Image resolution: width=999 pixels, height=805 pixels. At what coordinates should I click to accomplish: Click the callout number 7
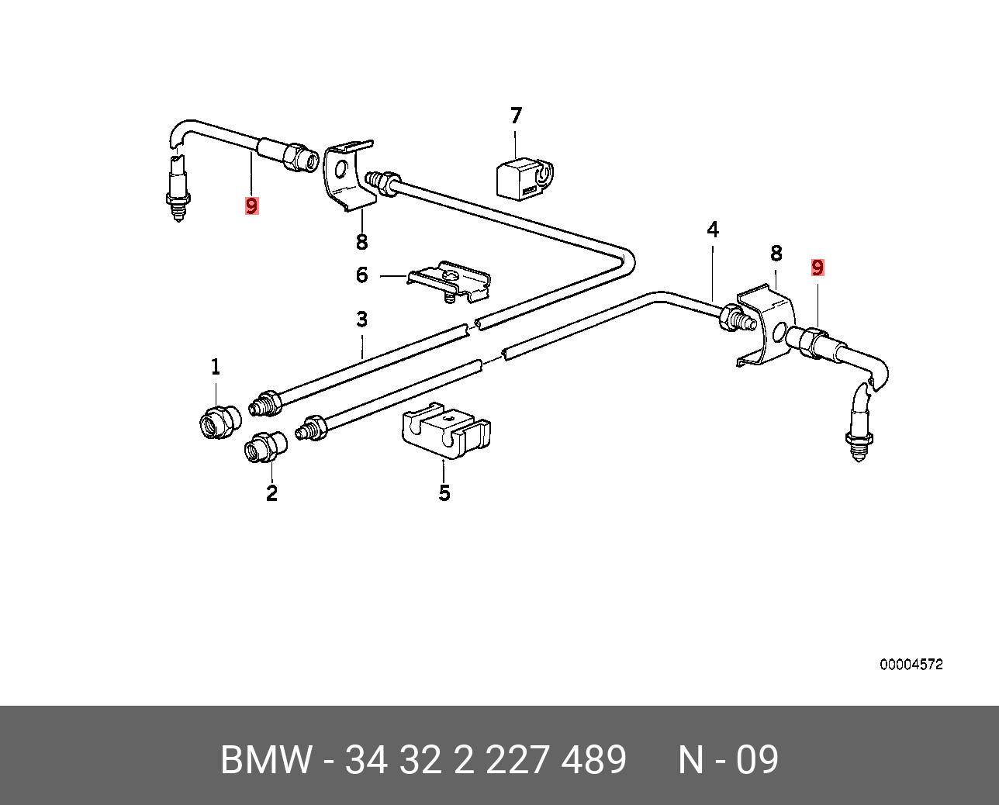tap(516, 116)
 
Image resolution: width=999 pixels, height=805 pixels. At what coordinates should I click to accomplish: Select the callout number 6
tap(361, 275)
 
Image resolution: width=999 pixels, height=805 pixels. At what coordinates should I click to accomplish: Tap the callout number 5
tap(444, 492)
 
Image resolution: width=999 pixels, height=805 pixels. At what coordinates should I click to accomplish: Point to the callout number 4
tap(713, 230)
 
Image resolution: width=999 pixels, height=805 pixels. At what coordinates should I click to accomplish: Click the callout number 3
tap(361, 320)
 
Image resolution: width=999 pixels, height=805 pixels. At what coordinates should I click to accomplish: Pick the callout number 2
tap(271, 492)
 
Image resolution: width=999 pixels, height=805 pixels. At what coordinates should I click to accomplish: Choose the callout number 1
tap(216, 367)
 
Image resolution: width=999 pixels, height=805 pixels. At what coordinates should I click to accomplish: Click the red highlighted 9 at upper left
tap(251, 206)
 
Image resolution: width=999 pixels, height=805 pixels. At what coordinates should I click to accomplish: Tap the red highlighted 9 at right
tap(817, 268)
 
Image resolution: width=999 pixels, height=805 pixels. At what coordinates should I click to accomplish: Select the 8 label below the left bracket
tap(361, 242)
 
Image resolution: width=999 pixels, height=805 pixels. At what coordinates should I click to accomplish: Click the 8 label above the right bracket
tap(776, 254)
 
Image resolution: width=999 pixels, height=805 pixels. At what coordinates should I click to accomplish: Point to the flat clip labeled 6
tap(449, 281)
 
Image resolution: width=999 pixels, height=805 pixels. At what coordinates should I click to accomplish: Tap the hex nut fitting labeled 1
tap(220, 420)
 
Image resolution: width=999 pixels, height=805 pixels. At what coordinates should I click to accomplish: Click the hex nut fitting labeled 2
tap(265, 447)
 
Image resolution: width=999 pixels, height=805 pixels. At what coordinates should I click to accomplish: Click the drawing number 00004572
tap(911, 665)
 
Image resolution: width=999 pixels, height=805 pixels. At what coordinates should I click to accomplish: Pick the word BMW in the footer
tap(266, 760)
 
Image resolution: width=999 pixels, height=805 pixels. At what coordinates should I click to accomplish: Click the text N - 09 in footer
tap(728, 760)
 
